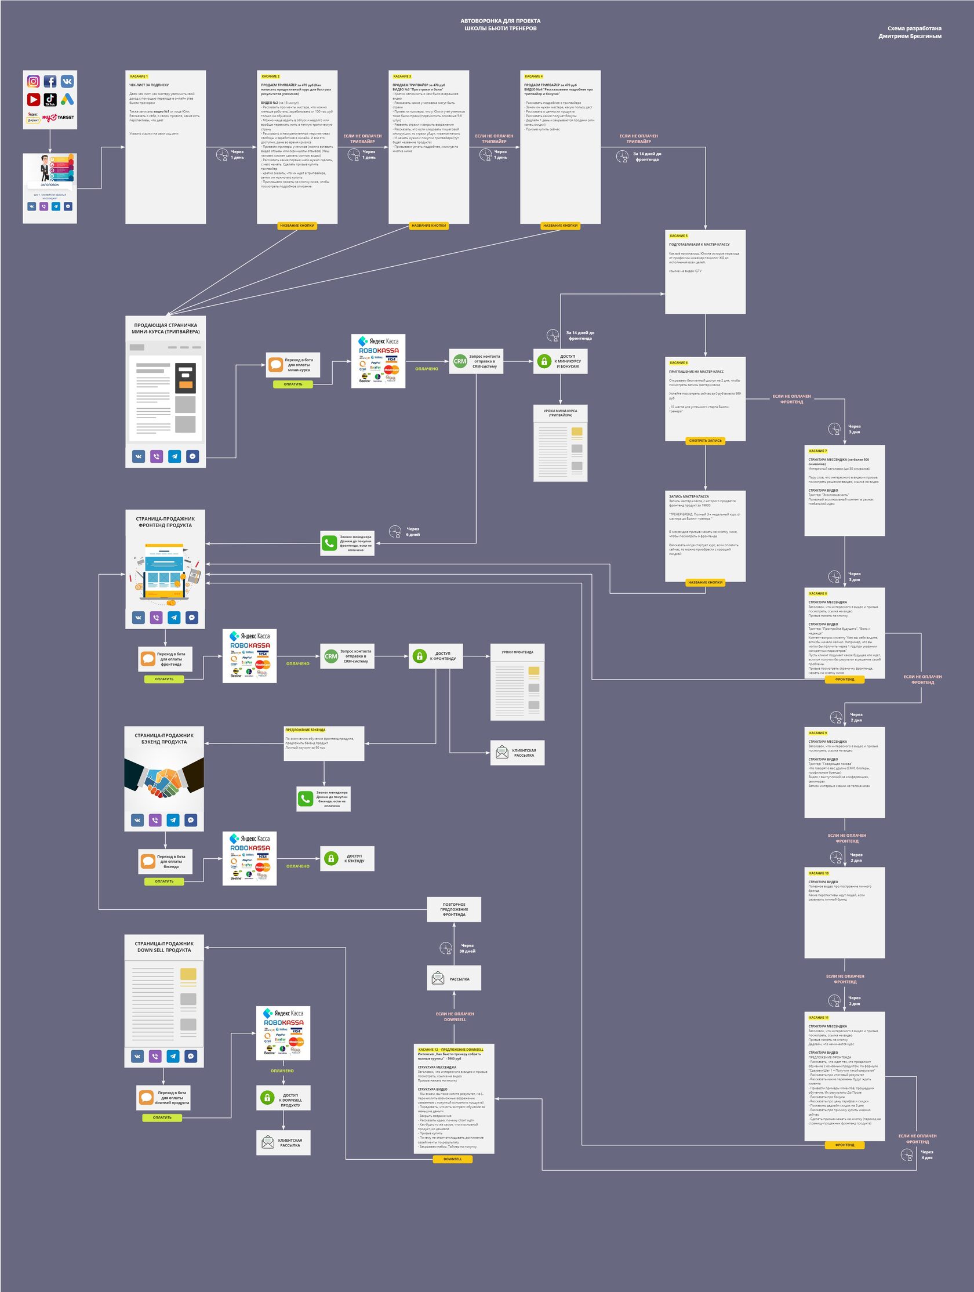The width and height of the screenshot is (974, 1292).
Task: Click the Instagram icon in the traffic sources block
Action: [x=34, y=81]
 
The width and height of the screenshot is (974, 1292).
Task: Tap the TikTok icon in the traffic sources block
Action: [x=50, y=100]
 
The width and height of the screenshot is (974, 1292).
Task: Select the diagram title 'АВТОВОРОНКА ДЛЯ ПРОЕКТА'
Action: [x=500, y=21]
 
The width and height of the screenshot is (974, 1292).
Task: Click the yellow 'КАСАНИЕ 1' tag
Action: [x=139, y=77]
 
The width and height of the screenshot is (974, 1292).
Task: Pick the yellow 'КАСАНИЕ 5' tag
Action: [x=678, y=236]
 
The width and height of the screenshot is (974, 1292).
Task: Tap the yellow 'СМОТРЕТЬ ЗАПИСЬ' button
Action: [x=706, y=440]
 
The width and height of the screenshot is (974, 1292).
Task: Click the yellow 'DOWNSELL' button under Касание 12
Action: [x=453, y=1159]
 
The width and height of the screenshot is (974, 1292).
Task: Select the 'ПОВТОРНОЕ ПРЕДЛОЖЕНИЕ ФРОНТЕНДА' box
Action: [x=454, y=909]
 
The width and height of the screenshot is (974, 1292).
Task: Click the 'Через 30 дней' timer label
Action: [x=467, y=948]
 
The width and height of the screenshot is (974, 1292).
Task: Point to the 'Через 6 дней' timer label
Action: [x=413, y=532]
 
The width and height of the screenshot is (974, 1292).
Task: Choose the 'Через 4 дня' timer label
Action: [x=926, y=1155]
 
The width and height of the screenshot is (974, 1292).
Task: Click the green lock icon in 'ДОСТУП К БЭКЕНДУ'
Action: [x=331, y=858]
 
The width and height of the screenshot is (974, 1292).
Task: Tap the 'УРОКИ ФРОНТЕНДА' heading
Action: [x=517, y=652]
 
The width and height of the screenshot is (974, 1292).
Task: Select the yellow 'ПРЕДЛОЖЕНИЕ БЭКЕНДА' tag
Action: [x=306, y=730]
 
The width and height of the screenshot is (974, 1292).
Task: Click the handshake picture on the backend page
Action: [x=164, y=777]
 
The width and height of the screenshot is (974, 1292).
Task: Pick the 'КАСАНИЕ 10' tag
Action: [x=819, y=873]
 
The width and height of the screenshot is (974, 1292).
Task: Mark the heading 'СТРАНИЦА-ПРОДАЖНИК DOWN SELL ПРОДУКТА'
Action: [x=164, y=947]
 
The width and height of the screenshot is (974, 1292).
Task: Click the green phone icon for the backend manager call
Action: [x=306, y=799]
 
